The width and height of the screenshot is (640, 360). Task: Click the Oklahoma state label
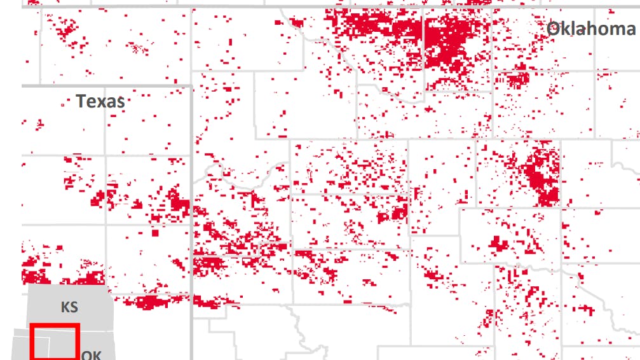[590, 29]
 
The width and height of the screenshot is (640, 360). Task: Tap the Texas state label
[100, 101]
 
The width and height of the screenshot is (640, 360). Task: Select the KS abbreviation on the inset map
[69, 307]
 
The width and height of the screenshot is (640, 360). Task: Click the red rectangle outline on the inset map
[55, 326]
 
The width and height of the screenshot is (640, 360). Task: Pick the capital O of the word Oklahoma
[554, 29]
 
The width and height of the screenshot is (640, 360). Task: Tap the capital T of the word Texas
[81, 101]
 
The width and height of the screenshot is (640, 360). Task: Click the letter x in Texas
[100, 102]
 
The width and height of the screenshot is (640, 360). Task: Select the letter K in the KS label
[65, 307]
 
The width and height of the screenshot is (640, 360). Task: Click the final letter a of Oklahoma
[629, 30]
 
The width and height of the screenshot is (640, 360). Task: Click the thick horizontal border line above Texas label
[105, 85]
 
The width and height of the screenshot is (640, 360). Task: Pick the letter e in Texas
[91, 102]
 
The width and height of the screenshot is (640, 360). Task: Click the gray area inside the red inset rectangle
[55, 343]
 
